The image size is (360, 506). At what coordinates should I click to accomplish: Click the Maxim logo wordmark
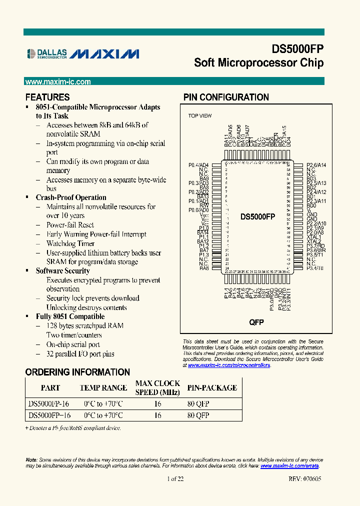(x=104, y=54)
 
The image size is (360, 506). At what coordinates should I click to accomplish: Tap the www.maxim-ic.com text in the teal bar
(x=58, y=82)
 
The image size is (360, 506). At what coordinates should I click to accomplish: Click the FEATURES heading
(x=47, y=97)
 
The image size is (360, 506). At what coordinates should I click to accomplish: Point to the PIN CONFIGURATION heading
(x=226, y=97)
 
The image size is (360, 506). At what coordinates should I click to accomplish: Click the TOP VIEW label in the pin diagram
(x=199, y=116)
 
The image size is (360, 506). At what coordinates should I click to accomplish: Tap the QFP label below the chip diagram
(x=256, y=322)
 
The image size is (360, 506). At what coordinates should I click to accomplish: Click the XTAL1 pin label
(x=314, y=237)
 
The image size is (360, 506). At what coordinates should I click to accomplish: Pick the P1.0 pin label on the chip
(x=203, y=227)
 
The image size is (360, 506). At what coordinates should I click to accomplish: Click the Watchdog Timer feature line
(x=70, y=243)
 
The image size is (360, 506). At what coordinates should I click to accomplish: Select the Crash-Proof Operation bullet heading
(x=71, y=197)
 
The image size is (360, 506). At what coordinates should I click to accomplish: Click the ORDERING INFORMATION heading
(x=77, y=372)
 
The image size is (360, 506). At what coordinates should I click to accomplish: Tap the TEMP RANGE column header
(x=103, y=387)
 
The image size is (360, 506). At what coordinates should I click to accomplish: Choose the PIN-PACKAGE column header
(x=212, y=387)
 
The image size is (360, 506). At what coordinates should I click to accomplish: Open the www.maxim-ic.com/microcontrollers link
(x=229, y=365)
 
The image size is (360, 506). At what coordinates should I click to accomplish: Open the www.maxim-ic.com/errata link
(x=289, y=465)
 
